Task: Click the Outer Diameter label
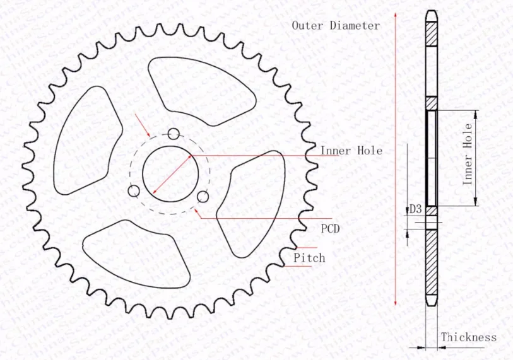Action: point(335,26)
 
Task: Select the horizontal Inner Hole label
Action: point(351,151)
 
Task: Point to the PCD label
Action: point(330,229)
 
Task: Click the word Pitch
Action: point(309,258)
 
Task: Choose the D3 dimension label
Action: point(416,209)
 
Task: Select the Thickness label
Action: point(468,337)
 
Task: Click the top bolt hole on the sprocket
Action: point(174,134)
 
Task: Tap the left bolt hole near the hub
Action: point(133,191)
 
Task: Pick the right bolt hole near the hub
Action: point(203,197)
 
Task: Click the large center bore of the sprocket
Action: point(167,172)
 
